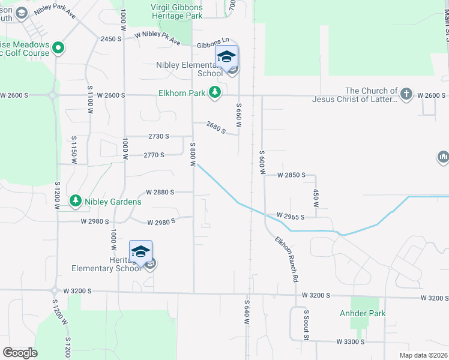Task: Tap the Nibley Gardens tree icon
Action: pyautogui.click(x=76, y=201)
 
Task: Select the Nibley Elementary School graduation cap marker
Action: pyautogui.click(x=226, y=58)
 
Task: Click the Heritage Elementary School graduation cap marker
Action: pyautogui.click(x=140, y=251)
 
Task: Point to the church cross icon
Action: pyautogui.click(x=406, y=94)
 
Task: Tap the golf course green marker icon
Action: pyautogui.click(x=58, y=47)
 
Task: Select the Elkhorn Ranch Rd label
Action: pyautogui.click(x=287, y=260)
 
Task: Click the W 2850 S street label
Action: pyautogui.click(x=291, y=175)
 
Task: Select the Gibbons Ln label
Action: pyautogui.click(x=214, y=45)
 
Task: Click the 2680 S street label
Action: pyautogui.click(x=215, y=127)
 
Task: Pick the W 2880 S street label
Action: pyautogui.click(x=160, y=192)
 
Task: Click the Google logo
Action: pyautogui.click(x=20, y=353)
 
